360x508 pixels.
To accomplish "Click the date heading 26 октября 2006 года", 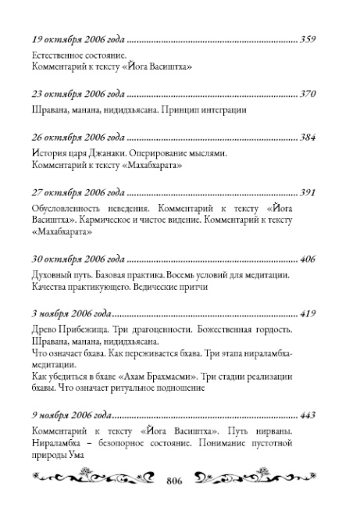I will pyautogui.click(x=79, y=138).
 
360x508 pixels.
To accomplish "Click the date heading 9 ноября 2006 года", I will pyautogui.click(x=75, y=413).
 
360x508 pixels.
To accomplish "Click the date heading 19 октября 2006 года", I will pyautogui.click(x=79, y=38).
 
